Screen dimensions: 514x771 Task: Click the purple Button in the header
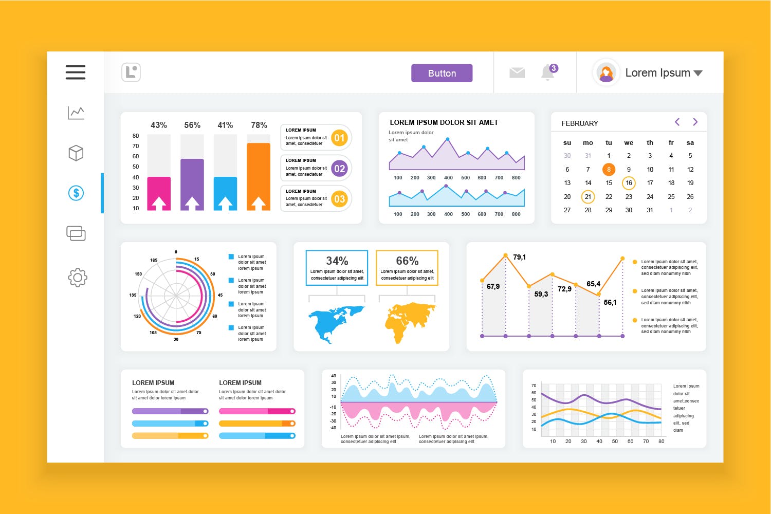point(442,73)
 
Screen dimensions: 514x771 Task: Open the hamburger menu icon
point(76,72)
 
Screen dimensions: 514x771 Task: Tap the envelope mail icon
point(517,73)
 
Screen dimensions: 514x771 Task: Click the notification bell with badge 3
point(548,72)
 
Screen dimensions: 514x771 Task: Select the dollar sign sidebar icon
point(76,193)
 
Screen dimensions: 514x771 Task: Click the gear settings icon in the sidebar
point(78,278)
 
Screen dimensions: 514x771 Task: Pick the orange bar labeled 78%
point(259,175)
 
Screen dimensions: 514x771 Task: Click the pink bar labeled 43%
point(159,193)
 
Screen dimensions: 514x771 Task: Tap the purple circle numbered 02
point(339,169)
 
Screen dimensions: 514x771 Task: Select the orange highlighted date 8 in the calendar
point(609,169)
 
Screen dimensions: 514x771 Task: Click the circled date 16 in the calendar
point(629,183)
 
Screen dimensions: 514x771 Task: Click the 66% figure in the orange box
point(407,261)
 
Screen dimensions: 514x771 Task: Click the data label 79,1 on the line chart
point(519,257)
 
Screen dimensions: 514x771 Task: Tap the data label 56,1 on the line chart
point(610,302)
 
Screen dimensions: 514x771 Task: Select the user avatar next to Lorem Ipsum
point(607,73)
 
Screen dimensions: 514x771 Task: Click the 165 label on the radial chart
point(154,260)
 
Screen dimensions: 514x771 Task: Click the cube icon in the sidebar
point(76,153)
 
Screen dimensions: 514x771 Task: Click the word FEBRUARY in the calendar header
point(580,123)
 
